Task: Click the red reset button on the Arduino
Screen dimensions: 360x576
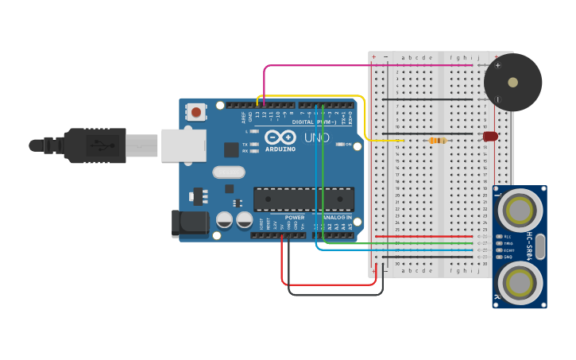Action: (x=196, y=112)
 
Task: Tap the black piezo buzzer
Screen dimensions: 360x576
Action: (x=512, y=82)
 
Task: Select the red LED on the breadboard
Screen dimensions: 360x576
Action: (x=491, y=137)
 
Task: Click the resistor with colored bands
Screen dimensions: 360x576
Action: (x=437, y=141)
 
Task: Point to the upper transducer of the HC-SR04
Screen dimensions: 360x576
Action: (x=520, y=211)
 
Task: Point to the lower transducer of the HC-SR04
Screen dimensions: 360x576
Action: (x=520, y=282)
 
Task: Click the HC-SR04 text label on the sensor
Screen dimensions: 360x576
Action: (x=530, y=246)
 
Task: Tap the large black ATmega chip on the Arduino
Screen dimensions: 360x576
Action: (x=303, y=199)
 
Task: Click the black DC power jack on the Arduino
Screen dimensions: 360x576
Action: (x=190, y=224)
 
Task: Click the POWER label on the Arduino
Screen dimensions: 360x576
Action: (x=295, y=218)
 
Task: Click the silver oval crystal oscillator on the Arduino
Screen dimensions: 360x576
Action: (x=229, y=172)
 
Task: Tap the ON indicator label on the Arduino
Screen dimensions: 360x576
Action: (x=347, y=144)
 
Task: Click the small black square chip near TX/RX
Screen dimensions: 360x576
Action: (x=231, y=149)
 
